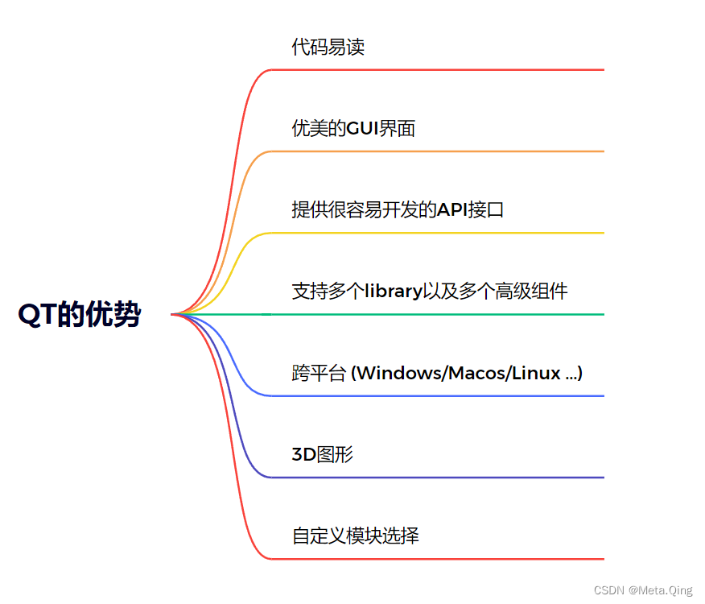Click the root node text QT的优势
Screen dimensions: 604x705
[x=79, y=315]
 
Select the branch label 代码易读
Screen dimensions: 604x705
[x=328, y=47]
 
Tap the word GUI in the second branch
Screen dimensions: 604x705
[x=362, y=129]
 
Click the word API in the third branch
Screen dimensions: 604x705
[x=451, y=210]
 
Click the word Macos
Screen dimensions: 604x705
[x=478, y=373]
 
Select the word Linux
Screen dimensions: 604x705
[x=536, y=373]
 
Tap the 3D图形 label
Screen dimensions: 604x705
[x=322, y=454]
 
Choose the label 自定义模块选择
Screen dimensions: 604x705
[x=355, y=536]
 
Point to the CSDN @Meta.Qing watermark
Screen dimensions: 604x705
[x=643, y=590]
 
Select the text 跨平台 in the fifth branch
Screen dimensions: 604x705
[x=319, y=373]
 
